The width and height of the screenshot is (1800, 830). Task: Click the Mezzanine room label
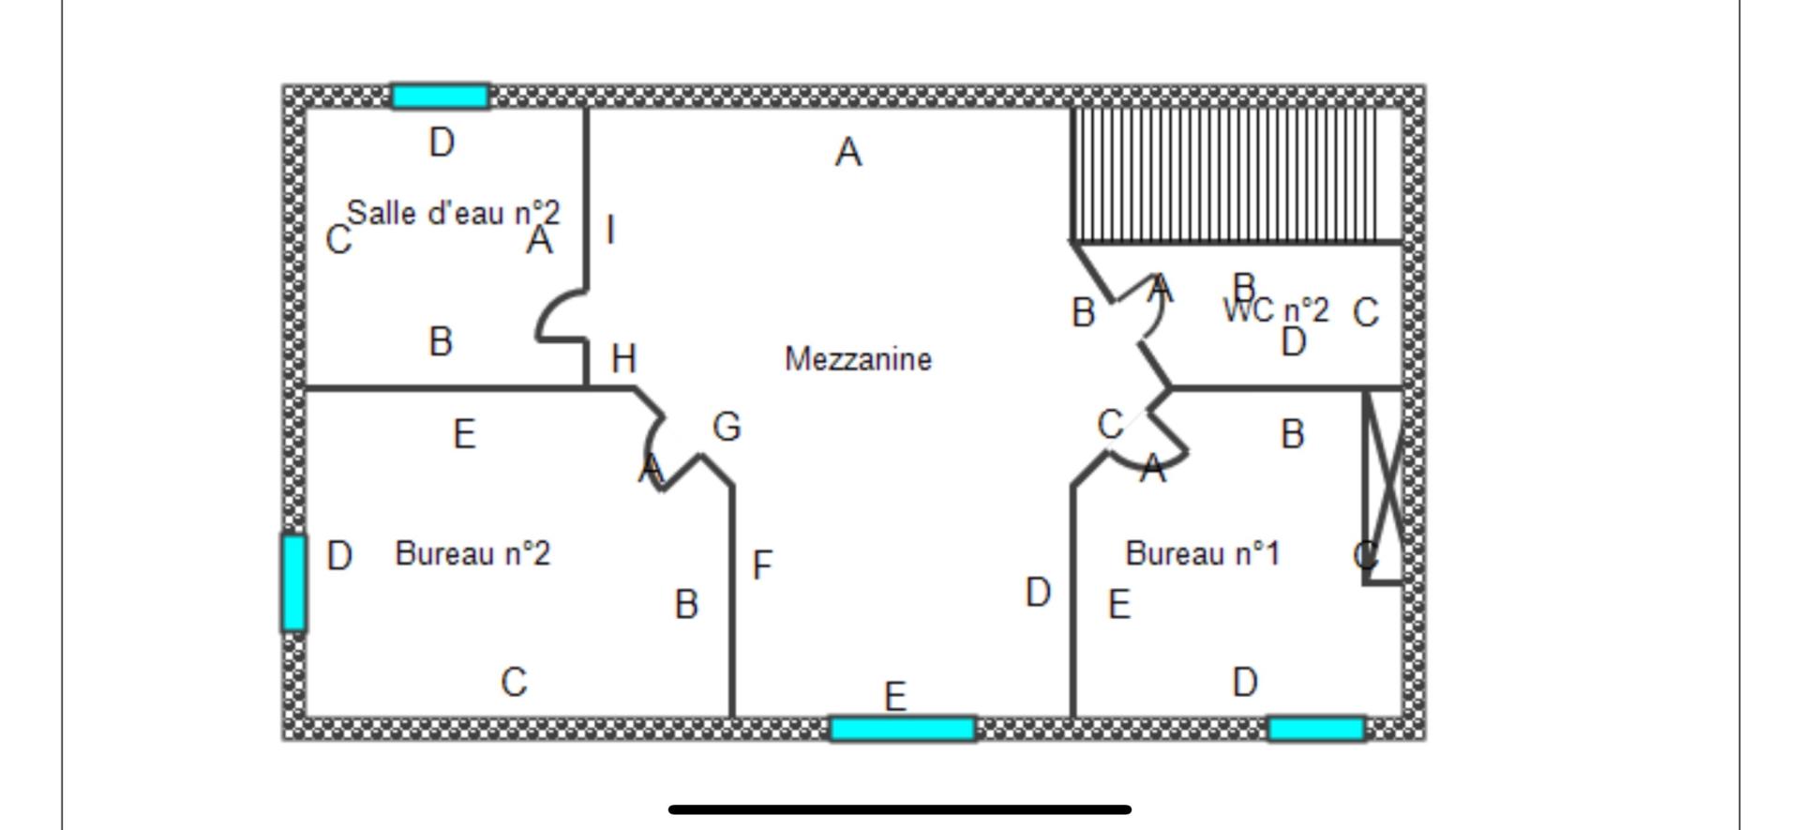[858, 359]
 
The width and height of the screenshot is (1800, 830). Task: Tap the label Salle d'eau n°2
[454, 213]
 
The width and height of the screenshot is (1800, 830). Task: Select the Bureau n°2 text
[472, 553]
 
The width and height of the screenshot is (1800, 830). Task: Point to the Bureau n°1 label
[1202, 553]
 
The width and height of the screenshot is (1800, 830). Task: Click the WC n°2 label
[1277, 309]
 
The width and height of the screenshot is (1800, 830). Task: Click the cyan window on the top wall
[440, 96]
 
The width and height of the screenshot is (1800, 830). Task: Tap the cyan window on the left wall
[293, 582]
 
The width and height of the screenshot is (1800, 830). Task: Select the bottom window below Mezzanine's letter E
[903, 729]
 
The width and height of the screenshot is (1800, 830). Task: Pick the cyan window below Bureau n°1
[1316, 729]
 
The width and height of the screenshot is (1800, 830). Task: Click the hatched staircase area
[1237, 174]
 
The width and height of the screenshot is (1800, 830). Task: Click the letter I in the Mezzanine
[611, 230]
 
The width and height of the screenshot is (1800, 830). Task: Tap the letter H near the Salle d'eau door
[623, 358]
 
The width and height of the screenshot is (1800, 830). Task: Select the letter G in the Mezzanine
[727, 427]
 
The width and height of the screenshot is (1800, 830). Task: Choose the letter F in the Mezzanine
[762, 565]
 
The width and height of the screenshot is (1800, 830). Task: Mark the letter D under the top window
[442, 143]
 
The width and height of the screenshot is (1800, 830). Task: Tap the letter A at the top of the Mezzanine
[848, 152]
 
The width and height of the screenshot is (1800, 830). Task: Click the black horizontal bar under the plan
[900, 808]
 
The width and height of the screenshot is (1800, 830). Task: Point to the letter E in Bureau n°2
[464, 434]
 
